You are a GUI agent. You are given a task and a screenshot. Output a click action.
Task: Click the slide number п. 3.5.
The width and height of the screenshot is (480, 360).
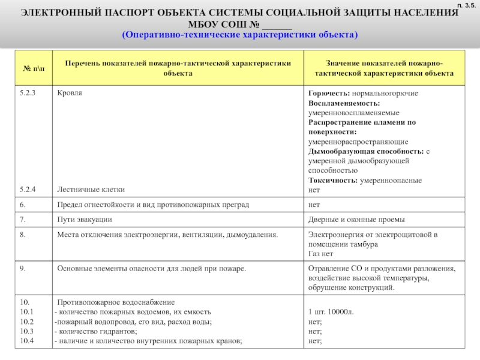(x=466, y=5)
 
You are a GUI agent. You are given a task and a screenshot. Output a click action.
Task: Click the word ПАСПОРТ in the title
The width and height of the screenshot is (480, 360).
(x=115, y=14)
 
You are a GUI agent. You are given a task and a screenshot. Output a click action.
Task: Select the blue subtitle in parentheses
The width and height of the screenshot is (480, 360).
(x=240, y=34)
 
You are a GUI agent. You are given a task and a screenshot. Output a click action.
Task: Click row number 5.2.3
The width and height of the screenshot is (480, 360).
(x=28, y=94)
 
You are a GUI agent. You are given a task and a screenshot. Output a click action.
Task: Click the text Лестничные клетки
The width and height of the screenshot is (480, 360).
(x=91, y=189)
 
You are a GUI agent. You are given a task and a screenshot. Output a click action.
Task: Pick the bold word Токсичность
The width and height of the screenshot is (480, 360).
(x=332, y=180)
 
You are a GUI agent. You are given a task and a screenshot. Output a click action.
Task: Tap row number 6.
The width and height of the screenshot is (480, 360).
(x=22, y=205)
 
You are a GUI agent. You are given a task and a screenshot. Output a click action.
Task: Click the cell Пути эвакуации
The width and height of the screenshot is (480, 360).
(x=85, y=220)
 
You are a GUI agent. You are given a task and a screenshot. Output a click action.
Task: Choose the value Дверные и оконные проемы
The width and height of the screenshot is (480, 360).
(x=356, y=220)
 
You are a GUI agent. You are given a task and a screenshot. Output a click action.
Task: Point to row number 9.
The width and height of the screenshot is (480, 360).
(x=22, y=269)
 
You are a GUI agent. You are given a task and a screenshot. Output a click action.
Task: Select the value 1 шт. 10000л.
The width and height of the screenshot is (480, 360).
(x=331, y=312)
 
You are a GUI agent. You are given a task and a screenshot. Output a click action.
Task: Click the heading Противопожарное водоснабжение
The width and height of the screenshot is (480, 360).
(x=115, y=302)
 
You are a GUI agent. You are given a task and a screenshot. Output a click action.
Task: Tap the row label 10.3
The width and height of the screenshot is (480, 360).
(x=26, y=331)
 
